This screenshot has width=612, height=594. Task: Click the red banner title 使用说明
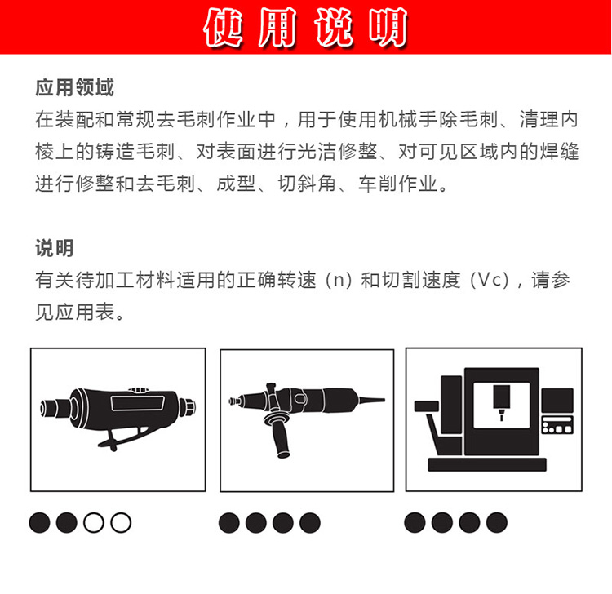tap(306, 27)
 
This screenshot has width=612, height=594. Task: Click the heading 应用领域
tap(74, 87)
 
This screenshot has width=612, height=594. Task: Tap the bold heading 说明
tap(54, 248)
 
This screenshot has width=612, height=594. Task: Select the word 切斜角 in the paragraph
tap(307, 184)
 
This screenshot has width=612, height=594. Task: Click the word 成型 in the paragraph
tap(236, 184)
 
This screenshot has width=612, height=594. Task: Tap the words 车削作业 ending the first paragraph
tap(397, 184)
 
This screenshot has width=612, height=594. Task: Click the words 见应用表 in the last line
tap(75, 312)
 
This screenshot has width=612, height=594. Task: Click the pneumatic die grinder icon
tap(118, 417)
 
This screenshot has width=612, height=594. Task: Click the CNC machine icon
tap(494, 419)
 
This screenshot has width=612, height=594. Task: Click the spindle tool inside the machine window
tap(502, 402)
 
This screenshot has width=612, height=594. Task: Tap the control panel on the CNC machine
tap(558, 425)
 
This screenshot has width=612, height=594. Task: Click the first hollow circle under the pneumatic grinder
tap(94, 522)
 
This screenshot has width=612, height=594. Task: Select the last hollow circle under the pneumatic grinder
tap(121, 522)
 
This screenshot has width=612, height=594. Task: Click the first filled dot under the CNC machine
tap(415, 522)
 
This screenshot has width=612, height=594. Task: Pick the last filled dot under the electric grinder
tap(310, 522)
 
